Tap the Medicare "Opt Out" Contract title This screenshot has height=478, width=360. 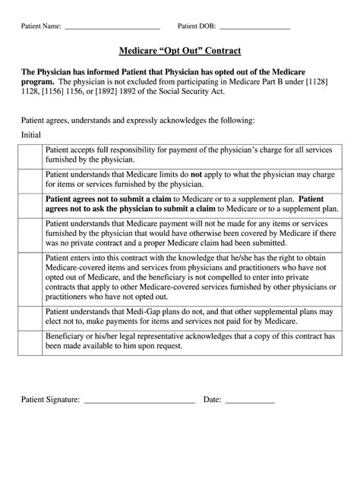coord(180,52)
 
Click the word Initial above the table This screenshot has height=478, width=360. coord(31,133)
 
